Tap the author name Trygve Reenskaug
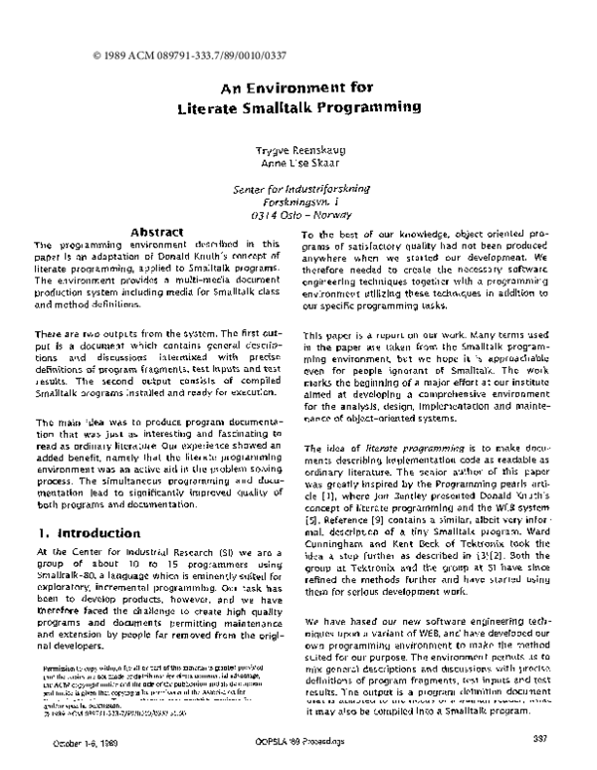tap(301, 149)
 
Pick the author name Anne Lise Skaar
tap(299, 163)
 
